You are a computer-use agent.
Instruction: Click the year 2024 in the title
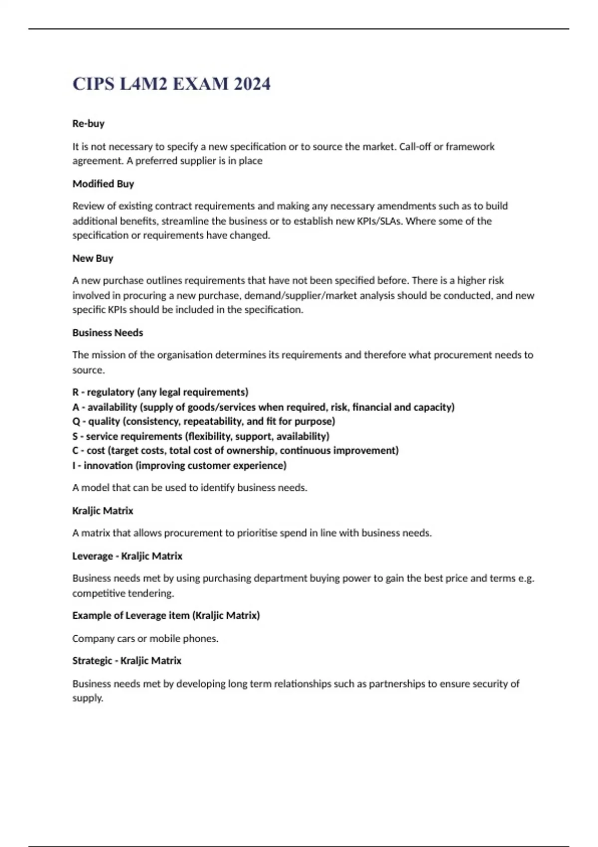[x=252, y=84]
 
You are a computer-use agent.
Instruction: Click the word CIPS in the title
[x=94, y=84]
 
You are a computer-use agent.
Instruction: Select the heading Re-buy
[x=88, y=124]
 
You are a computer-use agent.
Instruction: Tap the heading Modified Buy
[x=103, y=184]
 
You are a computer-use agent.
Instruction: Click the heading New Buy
[x=93, y=258]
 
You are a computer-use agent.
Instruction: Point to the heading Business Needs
[x=108, y=333]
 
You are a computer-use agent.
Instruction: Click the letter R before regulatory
[x=75, y=392]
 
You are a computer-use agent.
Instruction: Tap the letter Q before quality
[x=76, y=422]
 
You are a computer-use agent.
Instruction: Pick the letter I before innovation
[x=74, y=465]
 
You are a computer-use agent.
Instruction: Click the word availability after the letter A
[x=112, y=407]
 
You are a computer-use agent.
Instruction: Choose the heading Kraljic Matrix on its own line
[x=103, y=511]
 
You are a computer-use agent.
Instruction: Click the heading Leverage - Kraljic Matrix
[x=127, y=556]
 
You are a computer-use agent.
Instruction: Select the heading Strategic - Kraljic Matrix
[x=127, y=661]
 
